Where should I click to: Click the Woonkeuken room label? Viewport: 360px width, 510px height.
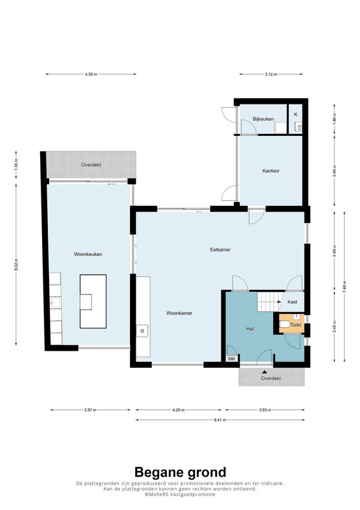88,254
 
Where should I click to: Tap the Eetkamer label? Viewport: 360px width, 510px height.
220,250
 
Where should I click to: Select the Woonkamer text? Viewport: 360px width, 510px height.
179,313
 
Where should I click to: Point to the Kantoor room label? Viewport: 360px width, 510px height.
271,171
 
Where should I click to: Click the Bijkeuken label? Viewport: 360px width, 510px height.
263,119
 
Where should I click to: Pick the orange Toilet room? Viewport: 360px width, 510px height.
292,323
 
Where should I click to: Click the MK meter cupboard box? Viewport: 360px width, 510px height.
232,359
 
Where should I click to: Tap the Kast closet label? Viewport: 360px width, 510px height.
292,302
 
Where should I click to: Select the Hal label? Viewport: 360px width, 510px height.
250,329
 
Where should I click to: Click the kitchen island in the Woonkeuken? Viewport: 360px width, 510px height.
93,302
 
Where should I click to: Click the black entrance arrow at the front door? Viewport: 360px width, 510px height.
265,372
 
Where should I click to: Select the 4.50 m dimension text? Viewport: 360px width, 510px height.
90,74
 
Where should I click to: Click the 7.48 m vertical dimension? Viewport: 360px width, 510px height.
345,286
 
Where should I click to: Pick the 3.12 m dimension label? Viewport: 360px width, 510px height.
271,74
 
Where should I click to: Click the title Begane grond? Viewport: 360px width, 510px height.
180,472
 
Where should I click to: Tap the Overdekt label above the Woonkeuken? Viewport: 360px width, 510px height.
91,165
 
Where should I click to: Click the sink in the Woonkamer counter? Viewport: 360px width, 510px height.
143,331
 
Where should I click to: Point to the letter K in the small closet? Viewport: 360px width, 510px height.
296,115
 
